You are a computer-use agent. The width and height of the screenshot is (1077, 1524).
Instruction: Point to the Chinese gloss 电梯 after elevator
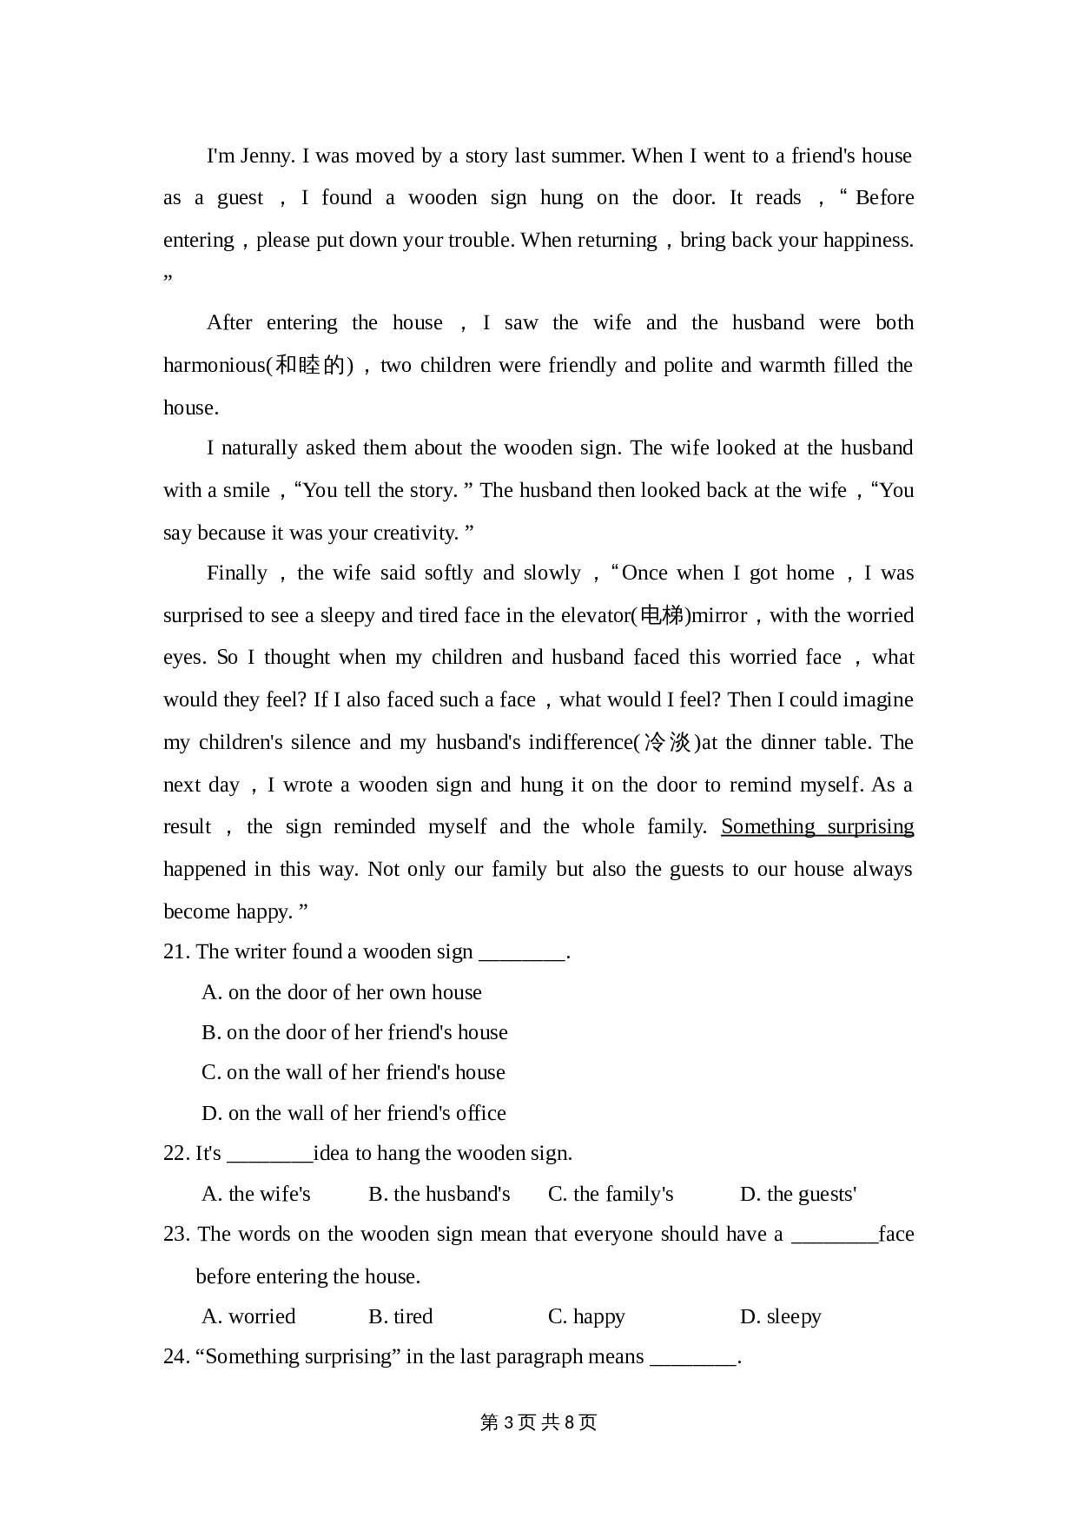[661, 616]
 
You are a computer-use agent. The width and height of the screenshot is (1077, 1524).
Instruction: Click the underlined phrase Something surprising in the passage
[816, 826]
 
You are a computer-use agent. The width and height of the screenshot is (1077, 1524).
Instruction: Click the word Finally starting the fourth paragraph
[236, 573]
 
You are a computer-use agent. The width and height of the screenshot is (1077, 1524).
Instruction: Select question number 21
[175, 952]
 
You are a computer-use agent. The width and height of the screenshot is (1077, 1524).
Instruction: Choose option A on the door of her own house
[341, 992]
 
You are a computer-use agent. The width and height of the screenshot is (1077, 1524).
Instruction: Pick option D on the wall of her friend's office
[353, 1113]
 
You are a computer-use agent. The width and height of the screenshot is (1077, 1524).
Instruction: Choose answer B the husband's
[439, 1195]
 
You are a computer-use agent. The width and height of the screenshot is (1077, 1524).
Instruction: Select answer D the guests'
[797, 1195]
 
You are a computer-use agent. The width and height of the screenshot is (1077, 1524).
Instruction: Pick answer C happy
[586, 1317]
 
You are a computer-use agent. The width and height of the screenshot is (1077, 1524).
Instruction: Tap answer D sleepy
[780, 1317]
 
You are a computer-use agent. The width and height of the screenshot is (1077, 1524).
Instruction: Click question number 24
[175, 1357]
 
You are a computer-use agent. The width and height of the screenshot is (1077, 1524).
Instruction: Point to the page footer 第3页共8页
[538, 1422]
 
